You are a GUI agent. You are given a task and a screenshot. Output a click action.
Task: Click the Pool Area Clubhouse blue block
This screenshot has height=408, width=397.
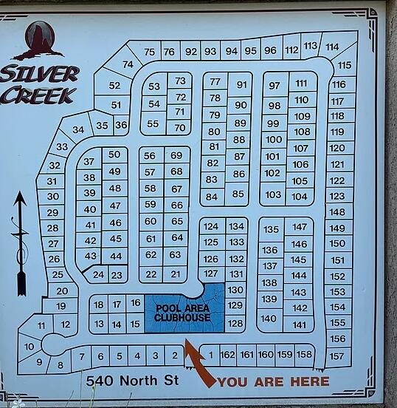pos(183,312)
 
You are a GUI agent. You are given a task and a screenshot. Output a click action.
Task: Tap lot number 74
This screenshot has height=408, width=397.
pos(128,64)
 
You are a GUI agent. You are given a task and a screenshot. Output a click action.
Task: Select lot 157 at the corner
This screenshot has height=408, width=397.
pos(336,356)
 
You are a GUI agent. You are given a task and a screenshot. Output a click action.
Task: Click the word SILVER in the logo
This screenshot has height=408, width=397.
pos(40,74)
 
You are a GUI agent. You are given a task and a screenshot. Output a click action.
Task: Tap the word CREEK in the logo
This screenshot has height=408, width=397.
pos(38,95)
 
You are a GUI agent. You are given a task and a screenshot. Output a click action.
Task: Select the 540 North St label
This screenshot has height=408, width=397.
pos(131,381)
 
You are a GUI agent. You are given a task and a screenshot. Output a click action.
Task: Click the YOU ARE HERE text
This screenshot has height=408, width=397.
pos(273,381)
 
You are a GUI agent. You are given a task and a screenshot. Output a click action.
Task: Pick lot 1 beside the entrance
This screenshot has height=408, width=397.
pos(210,356)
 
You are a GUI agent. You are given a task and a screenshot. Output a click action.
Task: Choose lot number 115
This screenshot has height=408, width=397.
pos(345,65)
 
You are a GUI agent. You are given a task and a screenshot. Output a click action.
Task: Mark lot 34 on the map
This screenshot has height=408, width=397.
pos(78,129)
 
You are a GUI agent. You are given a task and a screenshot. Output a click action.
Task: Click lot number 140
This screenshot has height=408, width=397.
pos(269,319)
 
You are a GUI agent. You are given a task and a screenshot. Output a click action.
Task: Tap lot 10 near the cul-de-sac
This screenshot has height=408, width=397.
pos(29,346)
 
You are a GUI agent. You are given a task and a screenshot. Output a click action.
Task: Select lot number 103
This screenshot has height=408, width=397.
pos(273,195)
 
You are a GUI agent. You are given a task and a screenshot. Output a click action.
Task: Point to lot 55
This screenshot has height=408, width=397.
pos(153,123)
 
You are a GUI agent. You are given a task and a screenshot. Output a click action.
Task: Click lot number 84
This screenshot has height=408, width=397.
pos(212,197)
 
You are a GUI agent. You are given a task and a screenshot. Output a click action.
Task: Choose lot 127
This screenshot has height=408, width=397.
pos(211,273)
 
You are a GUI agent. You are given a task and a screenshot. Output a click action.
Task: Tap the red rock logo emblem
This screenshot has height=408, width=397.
pos(39,40)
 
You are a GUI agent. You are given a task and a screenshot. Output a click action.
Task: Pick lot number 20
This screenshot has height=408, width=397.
pos(62,291)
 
